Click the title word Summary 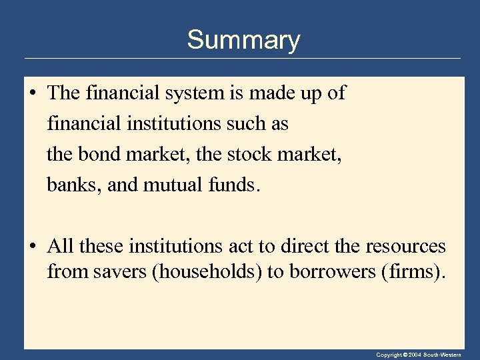coord(243,40)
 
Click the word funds coord(231,185)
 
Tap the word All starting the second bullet coord(61,247)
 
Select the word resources coord(405,247)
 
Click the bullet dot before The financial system coord(31,93)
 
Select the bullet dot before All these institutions coord(31,247)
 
